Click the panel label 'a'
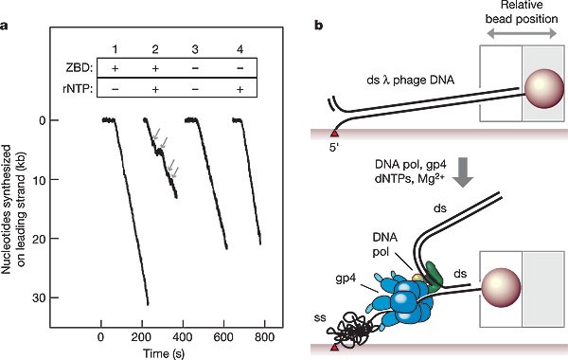(x=4, y=27)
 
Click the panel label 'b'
(x=319, y=26)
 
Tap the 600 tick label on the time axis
(x=223, y=337)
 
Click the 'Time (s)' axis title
(x=164, y=353)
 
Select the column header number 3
(x=195, y=49)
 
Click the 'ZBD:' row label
(x=79, y=68)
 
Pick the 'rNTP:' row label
(x=78, y=89)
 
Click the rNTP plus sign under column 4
(x=240, y=89)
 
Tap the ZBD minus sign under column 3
(x=195, y=68)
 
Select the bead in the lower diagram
(x=502, y=286)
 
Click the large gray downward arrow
(x=463, y=172)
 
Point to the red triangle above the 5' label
(x=334, y=133)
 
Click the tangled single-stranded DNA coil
(x=350, y=331)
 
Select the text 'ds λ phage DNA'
(x=411, y=81)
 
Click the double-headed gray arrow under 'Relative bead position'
(x=522, y=34)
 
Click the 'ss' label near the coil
(x=320, y=318)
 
